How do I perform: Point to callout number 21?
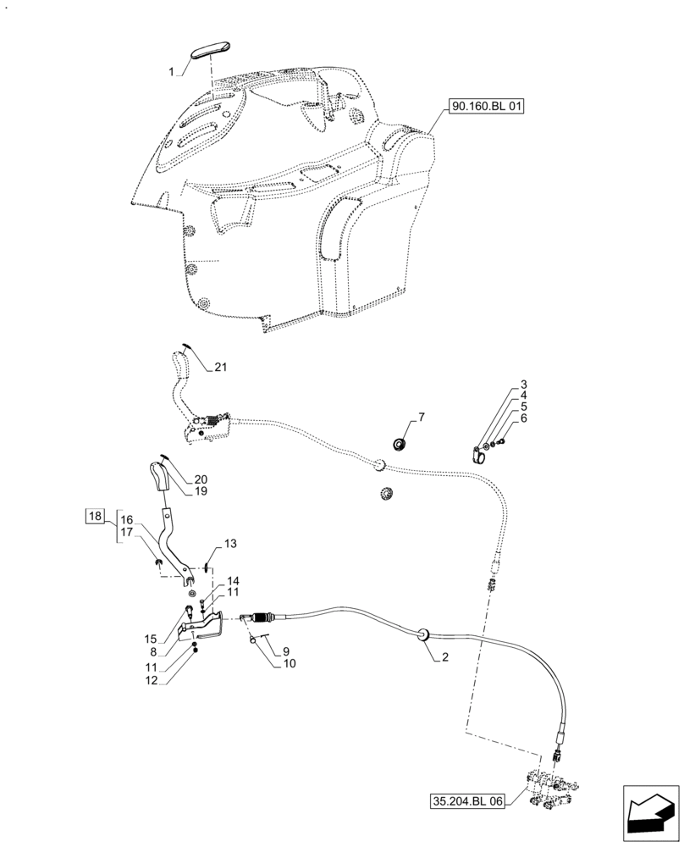tap(221, 368)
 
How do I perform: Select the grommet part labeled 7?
tap(400, 444)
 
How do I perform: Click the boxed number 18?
tap(94, 516)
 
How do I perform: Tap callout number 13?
tap(230, 543)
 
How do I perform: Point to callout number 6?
tap(524, 418)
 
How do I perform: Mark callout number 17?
tap(126, 533)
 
